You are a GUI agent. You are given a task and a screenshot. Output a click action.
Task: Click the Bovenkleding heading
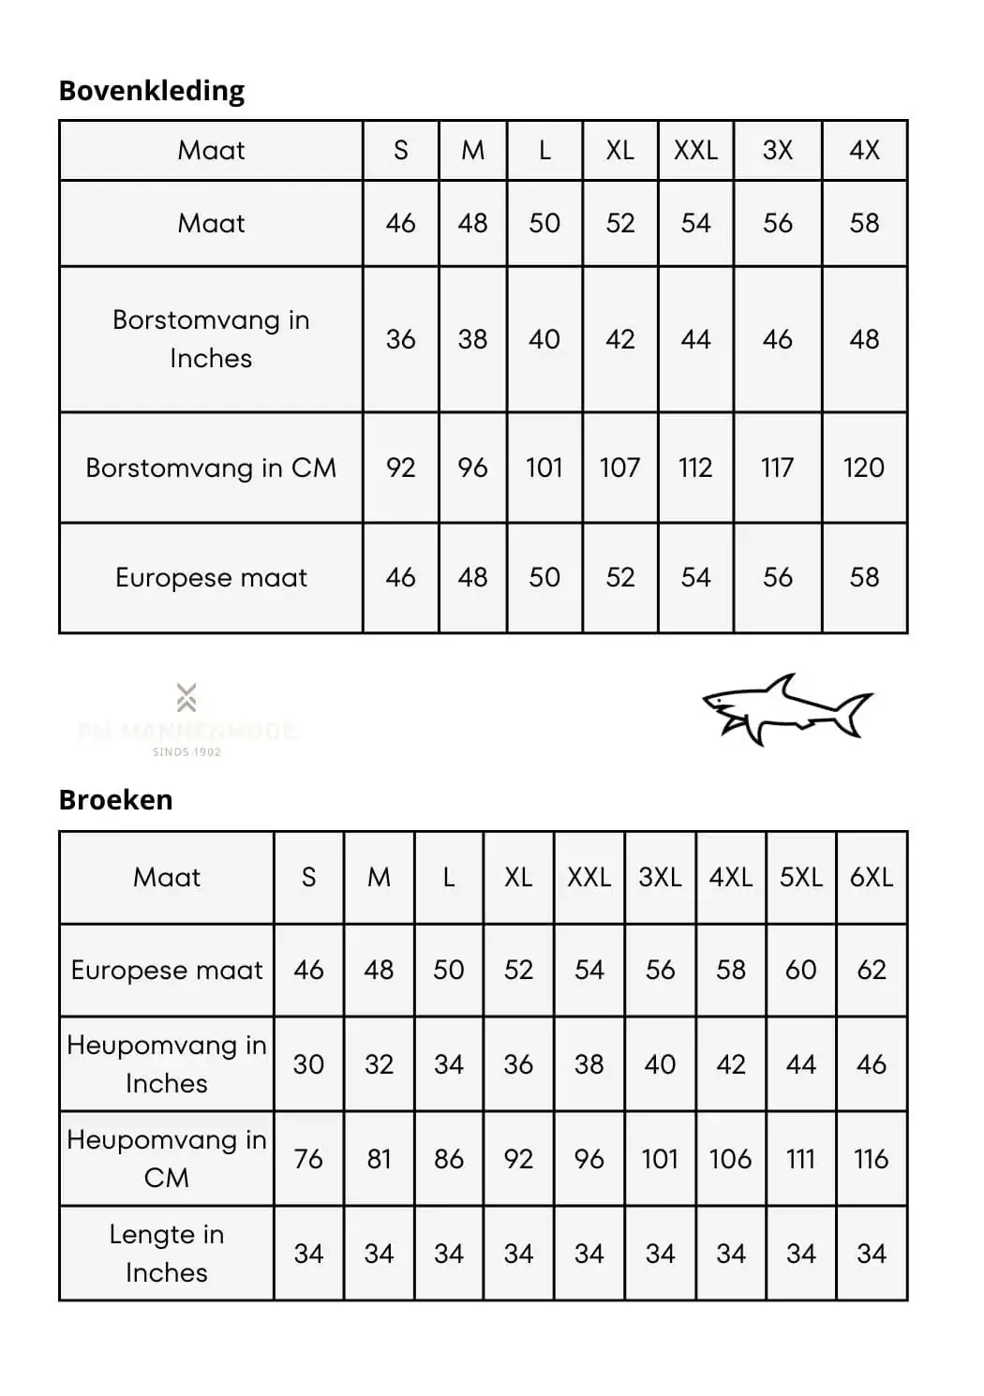[x=151, y=91]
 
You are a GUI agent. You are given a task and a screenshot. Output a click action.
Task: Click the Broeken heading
[x=115, y=800]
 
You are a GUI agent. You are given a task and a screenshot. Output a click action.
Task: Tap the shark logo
[x=787, y=709]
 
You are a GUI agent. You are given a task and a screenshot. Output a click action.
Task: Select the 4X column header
[x=864, y=150]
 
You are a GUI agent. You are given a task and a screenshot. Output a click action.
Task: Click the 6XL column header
[x=871, y=877]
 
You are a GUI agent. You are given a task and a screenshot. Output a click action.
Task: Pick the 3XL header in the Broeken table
[x=660, y=877]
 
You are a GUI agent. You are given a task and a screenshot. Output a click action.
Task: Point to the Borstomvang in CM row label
[x=211, y=468]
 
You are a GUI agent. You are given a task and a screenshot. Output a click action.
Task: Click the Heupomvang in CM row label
[x=167, y=1158]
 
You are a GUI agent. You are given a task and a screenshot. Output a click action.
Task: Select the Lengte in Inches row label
[x=167, y=1253]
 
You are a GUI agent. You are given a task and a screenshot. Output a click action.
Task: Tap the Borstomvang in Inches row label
[x=211, y=339]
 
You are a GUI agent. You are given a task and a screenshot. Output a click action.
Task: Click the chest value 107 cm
[x=619, y=468]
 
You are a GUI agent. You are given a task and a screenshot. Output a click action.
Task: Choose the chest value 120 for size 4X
[x=864, y=468]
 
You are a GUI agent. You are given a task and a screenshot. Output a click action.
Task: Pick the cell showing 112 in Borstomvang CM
[x=695, y=468]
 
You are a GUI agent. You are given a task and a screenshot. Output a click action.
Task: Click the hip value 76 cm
[x=308, y=1159]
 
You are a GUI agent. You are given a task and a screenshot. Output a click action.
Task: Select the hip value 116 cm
[x=871, y=1159]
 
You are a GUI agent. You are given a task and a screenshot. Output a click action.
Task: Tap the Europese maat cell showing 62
[x=871, y=970]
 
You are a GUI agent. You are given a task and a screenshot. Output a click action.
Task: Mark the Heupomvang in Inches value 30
[x=308, y=1064]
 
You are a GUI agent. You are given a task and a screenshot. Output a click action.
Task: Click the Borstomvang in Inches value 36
[x=400, y=339]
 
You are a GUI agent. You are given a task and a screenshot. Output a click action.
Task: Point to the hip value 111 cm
[x=800, y=1159]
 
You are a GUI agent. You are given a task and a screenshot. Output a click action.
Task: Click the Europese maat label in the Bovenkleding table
[x=211, y=577]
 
